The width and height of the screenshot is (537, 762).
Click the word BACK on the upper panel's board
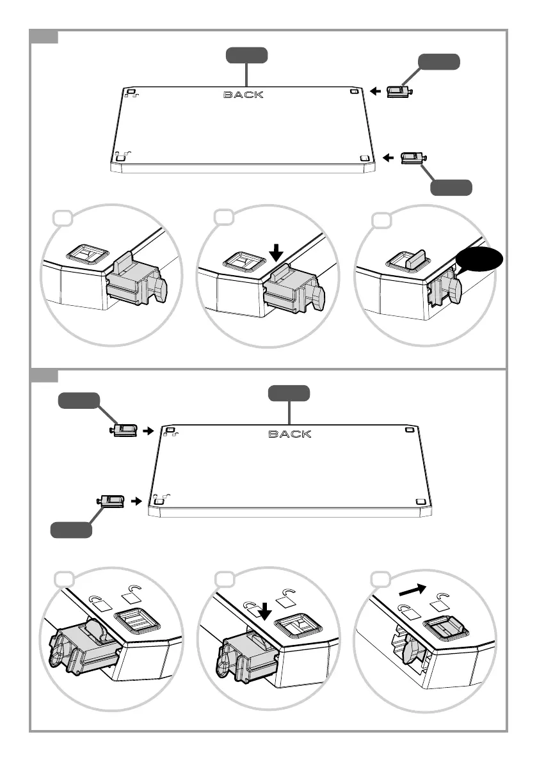tap(243, 95)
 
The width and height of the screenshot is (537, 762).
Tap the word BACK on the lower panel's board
tap(289, 434)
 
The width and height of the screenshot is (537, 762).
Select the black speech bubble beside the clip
tap(481, 261)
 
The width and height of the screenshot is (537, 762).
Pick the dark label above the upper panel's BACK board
tap(246, 56)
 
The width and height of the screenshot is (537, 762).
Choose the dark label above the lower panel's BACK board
tap(289, 393)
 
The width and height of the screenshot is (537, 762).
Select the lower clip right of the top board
tap(413, 157)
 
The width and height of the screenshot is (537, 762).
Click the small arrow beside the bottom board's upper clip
tap(148, 431)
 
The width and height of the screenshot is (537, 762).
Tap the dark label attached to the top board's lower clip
tap(451, 187)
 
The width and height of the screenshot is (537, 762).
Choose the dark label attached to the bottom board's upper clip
tap(79, 401)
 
